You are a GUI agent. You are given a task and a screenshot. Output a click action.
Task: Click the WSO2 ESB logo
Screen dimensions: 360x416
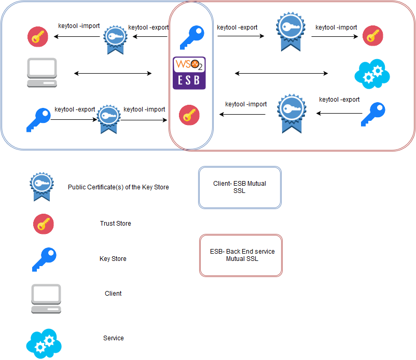tap(189, 73)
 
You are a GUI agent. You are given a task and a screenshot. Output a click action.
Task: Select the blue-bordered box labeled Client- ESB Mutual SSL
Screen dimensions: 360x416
tap(239, 187)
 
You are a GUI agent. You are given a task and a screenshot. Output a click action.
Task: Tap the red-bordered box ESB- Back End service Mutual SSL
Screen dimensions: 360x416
tap(241, 255)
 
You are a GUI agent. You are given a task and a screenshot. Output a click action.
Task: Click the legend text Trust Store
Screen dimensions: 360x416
tap(115, 224)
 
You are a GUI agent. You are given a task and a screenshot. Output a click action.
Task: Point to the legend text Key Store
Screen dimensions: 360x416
tap(113, 259)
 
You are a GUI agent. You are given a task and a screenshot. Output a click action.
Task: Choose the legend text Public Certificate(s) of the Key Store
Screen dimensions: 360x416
tap(118, 187)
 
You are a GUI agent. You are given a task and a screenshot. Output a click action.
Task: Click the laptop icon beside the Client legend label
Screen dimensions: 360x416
tap(46, 298)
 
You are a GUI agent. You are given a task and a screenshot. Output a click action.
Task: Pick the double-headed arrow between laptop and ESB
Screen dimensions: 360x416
tap(113, 74)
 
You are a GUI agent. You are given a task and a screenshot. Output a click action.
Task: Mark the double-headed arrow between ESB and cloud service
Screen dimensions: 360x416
tap(281, 74)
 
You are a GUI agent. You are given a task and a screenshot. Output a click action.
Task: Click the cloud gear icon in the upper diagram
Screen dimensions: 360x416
tap(372, 74)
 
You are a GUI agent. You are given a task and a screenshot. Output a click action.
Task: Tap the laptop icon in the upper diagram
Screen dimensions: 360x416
tap(42, 73)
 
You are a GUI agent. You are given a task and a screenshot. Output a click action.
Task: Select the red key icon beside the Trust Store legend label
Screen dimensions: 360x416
tap(43, 224)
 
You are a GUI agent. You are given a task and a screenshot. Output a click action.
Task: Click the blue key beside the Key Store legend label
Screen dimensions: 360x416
tap(44, 259)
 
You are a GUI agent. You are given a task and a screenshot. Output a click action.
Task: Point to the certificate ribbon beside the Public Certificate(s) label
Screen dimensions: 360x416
tap(40, 187)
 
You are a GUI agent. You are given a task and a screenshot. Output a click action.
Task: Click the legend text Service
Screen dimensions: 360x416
tap(113, 338)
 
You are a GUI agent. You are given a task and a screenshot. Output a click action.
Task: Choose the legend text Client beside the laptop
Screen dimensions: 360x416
tap(113, 294)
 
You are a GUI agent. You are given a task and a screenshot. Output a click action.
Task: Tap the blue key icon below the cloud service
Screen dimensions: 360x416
tap(373, 114)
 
